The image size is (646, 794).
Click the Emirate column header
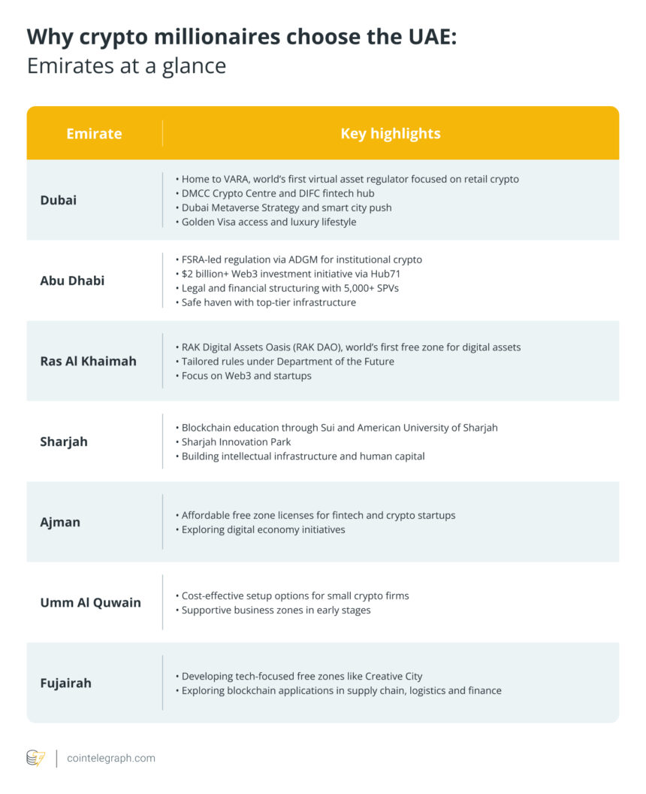point(94,133)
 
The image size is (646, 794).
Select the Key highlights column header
point(391,133)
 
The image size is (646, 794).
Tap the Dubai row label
point(58,200)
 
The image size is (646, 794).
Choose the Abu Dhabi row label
point(72,280)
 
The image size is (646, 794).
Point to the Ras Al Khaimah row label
point(88,361)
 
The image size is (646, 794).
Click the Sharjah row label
point(64,441)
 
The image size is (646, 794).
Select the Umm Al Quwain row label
point(90,602)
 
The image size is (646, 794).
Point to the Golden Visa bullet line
point(269,222)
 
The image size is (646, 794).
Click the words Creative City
point(397,676)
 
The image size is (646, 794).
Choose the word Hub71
point(385,274)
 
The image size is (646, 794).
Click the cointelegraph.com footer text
point(111,758)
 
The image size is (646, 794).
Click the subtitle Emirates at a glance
point(126,65)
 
